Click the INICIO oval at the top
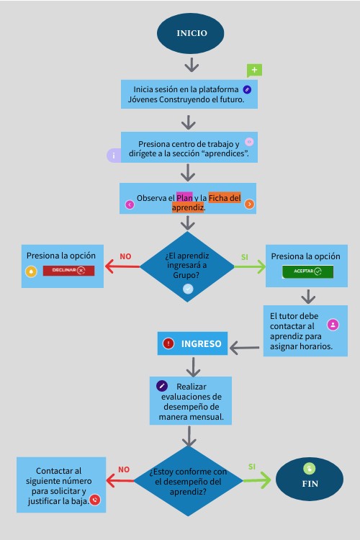click(192, 33)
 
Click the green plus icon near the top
click(254, 70)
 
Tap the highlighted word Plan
click(184, 197)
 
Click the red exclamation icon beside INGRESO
click(168, 343)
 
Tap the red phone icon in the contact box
click(94, 499)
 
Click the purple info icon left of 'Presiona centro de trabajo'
click(113, 156)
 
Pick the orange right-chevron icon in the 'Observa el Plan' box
click(249, 204)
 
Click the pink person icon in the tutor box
click(333, 325)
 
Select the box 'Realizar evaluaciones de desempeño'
click(191, 401)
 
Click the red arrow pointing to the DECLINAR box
click(122, 267)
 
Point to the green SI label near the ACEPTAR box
click(244, 256)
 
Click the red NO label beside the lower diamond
click(124, 469)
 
